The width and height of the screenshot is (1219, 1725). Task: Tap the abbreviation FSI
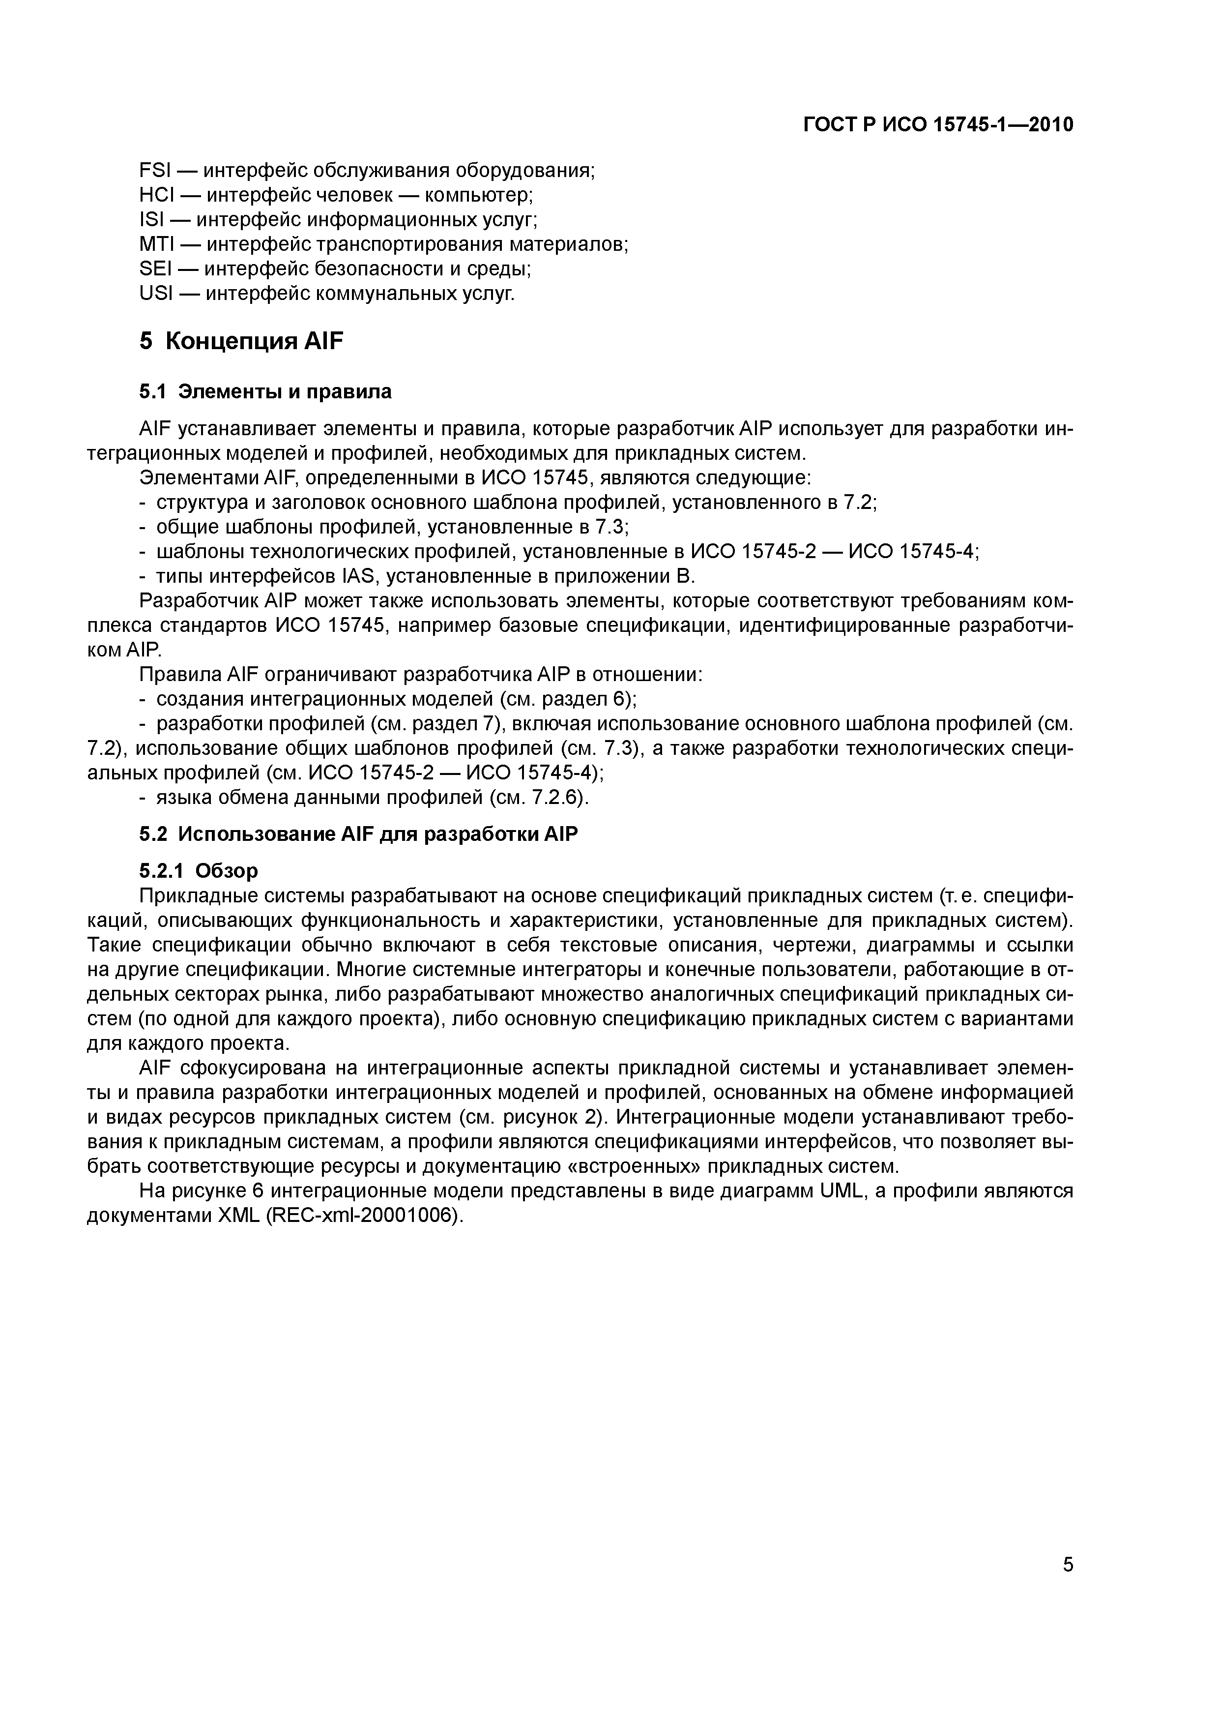coord(155,171)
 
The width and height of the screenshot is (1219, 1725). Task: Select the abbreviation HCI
coord(157,195)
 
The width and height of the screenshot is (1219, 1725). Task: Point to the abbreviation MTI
coord(157,244)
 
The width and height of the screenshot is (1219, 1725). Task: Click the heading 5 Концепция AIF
coord(241,341)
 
